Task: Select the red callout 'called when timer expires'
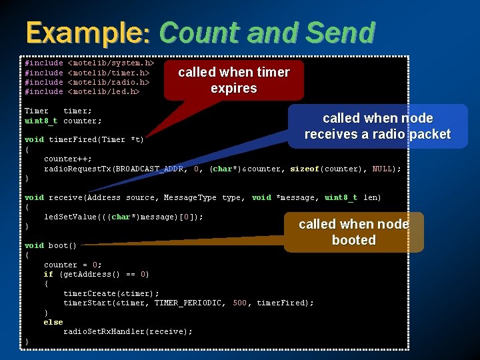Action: point(233,80)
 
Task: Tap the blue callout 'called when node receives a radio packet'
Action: point(377,126)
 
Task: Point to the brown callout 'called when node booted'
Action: point(354,232)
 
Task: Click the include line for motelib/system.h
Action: point(89,63)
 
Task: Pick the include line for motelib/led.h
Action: point(82,91)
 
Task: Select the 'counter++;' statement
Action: point(69,159)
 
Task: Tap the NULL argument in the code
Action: point(382,169)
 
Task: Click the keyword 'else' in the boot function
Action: point(53,322)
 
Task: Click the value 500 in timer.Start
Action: point(240,303)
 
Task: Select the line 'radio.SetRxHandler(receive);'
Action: point(128,331)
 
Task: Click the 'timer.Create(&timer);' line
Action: point(111,293)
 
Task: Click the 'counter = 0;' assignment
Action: point(73,265)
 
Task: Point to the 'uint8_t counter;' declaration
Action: point(63,121)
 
